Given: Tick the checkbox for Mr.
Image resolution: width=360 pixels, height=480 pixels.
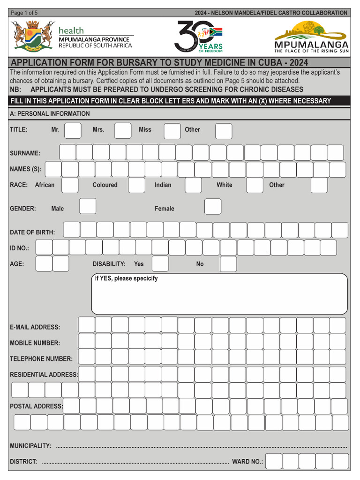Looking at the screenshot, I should coord(73,130).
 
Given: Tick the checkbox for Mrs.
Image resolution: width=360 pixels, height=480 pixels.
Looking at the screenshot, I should coord(123,130).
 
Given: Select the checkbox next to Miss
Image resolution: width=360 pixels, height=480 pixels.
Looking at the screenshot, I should coord(172,131).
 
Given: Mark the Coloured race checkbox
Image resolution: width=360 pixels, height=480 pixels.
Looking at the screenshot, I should coord(136,185).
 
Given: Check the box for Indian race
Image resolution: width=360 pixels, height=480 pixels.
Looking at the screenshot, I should coord(193,185).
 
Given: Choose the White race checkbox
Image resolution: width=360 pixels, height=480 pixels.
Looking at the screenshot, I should coord(255,185).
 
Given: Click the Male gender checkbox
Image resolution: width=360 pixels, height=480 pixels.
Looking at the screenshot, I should coord(88,206).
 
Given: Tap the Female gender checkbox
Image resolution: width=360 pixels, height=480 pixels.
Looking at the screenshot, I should coord(213,206).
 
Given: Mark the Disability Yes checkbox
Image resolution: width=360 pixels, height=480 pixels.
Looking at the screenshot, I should coord(160,264).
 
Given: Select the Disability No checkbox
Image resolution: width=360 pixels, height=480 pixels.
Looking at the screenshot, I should coord(228,264).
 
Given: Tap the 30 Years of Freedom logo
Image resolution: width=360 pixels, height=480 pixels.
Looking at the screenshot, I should coord(198,37).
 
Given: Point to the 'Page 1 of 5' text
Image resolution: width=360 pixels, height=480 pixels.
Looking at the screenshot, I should coord(24,13).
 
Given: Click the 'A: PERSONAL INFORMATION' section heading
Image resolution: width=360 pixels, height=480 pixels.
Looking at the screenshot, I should coord(50,113).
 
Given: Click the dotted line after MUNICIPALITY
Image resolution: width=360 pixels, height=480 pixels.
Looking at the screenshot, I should coord(202,447).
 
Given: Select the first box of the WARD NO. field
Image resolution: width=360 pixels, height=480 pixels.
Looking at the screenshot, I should coord(274,461).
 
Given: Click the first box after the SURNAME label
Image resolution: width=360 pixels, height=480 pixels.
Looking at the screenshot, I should coord(67,152).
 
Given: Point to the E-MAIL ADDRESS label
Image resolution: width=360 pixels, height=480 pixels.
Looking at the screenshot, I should coord(35,327).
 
